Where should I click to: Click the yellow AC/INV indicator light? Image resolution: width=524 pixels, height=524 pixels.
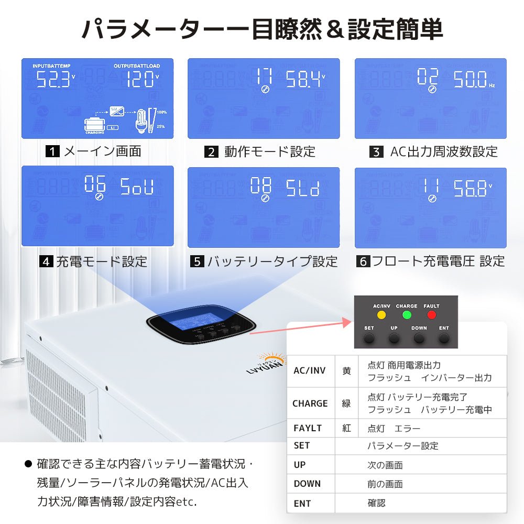coord(381,315)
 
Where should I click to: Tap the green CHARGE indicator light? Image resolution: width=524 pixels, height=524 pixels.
coord(407,315)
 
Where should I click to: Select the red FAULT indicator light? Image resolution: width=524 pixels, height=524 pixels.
coord(431,315)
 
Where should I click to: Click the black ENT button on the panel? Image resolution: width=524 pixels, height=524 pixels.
coord(444,338)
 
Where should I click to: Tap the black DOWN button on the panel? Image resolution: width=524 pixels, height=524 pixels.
coord(419,338)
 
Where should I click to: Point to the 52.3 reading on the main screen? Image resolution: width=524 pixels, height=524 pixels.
coord(53,80)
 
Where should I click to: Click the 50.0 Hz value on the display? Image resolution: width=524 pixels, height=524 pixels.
coord(470,80)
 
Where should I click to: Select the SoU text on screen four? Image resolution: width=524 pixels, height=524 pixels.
coord(137,187)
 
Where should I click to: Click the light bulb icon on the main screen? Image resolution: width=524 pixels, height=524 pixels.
coord(141,121)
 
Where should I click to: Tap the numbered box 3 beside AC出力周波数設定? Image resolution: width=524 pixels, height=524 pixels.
coord(376,152)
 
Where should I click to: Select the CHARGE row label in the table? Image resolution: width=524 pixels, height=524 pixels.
coord(310,403)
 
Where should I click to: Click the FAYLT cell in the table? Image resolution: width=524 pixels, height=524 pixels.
coord(308,428)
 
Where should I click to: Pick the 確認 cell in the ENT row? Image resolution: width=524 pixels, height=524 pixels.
coord(376,503)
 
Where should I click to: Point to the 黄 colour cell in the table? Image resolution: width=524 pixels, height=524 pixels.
coord(346,370)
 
